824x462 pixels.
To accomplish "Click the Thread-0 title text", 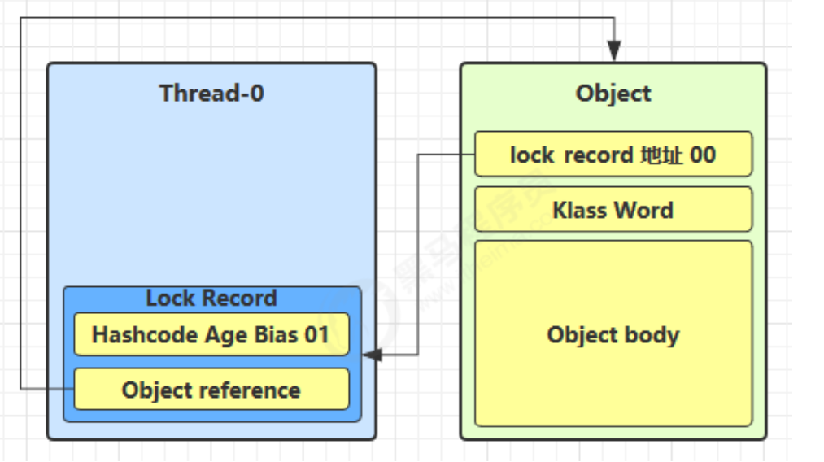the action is coord(211,94).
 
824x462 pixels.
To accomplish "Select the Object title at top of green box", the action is coord(613,94).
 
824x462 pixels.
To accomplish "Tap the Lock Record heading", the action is coord(211,298).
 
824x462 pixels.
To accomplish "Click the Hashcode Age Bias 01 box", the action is coord(211,334).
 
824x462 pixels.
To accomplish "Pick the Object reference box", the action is coord(211,389).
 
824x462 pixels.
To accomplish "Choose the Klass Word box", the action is coord(613,209).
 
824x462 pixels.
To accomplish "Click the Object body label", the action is coord(613,335).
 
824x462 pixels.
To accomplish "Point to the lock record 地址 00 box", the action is coord(613,154).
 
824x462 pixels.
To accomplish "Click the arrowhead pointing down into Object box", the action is coord(614,51).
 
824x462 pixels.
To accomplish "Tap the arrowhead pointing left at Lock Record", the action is coord(373,355).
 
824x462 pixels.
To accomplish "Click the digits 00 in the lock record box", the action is coord(703,155).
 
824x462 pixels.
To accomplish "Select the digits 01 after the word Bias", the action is coord(316,335).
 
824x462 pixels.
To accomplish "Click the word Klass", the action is coord(580,210).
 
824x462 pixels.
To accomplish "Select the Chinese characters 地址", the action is coord(661,155).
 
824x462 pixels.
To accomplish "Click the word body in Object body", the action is coord(653,335).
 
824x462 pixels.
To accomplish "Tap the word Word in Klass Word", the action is coord(643,210).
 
